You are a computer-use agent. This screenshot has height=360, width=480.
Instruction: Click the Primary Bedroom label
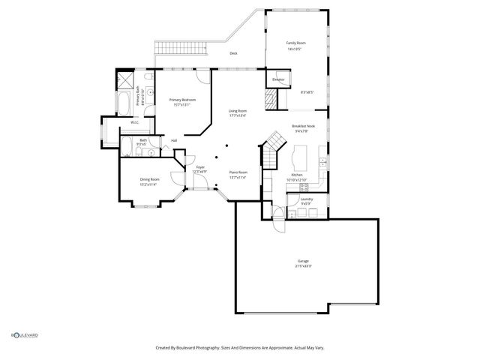[x=183, y=100]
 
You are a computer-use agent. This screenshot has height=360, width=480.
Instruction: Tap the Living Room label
[x=238, y=111]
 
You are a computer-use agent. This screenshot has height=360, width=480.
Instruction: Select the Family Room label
[x=295, y=43]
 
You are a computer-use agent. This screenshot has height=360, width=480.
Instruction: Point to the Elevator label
[x=277, y=79]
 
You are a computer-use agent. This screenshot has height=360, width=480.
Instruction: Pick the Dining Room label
[x=149, y=179]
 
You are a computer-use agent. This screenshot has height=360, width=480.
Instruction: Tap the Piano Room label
[x=238, y=172]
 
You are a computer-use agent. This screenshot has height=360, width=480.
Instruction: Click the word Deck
[x=233, y=53]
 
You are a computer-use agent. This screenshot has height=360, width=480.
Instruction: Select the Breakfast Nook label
[x=303, y=126]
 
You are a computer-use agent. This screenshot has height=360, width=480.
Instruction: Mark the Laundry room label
[x=306, y=199]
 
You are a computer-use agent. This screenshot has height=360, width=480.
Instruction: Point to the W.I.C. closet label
[x=135, y=122]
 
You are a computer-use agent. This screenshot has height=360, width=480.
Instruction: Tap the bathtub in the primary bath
[x=124, y=100]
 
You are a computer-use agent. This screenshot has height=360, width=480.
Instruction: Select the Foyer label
[x=200, y=167]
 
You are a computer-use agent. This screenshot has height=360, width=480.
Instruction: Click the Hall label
[x=174, y=140]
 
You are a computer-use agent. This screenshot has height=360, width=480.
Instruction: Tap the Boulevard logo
[x=24, y=335]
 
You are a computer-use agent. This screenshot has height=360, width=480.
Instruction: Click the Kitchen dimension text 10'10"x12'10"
[x=296, y=179]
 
